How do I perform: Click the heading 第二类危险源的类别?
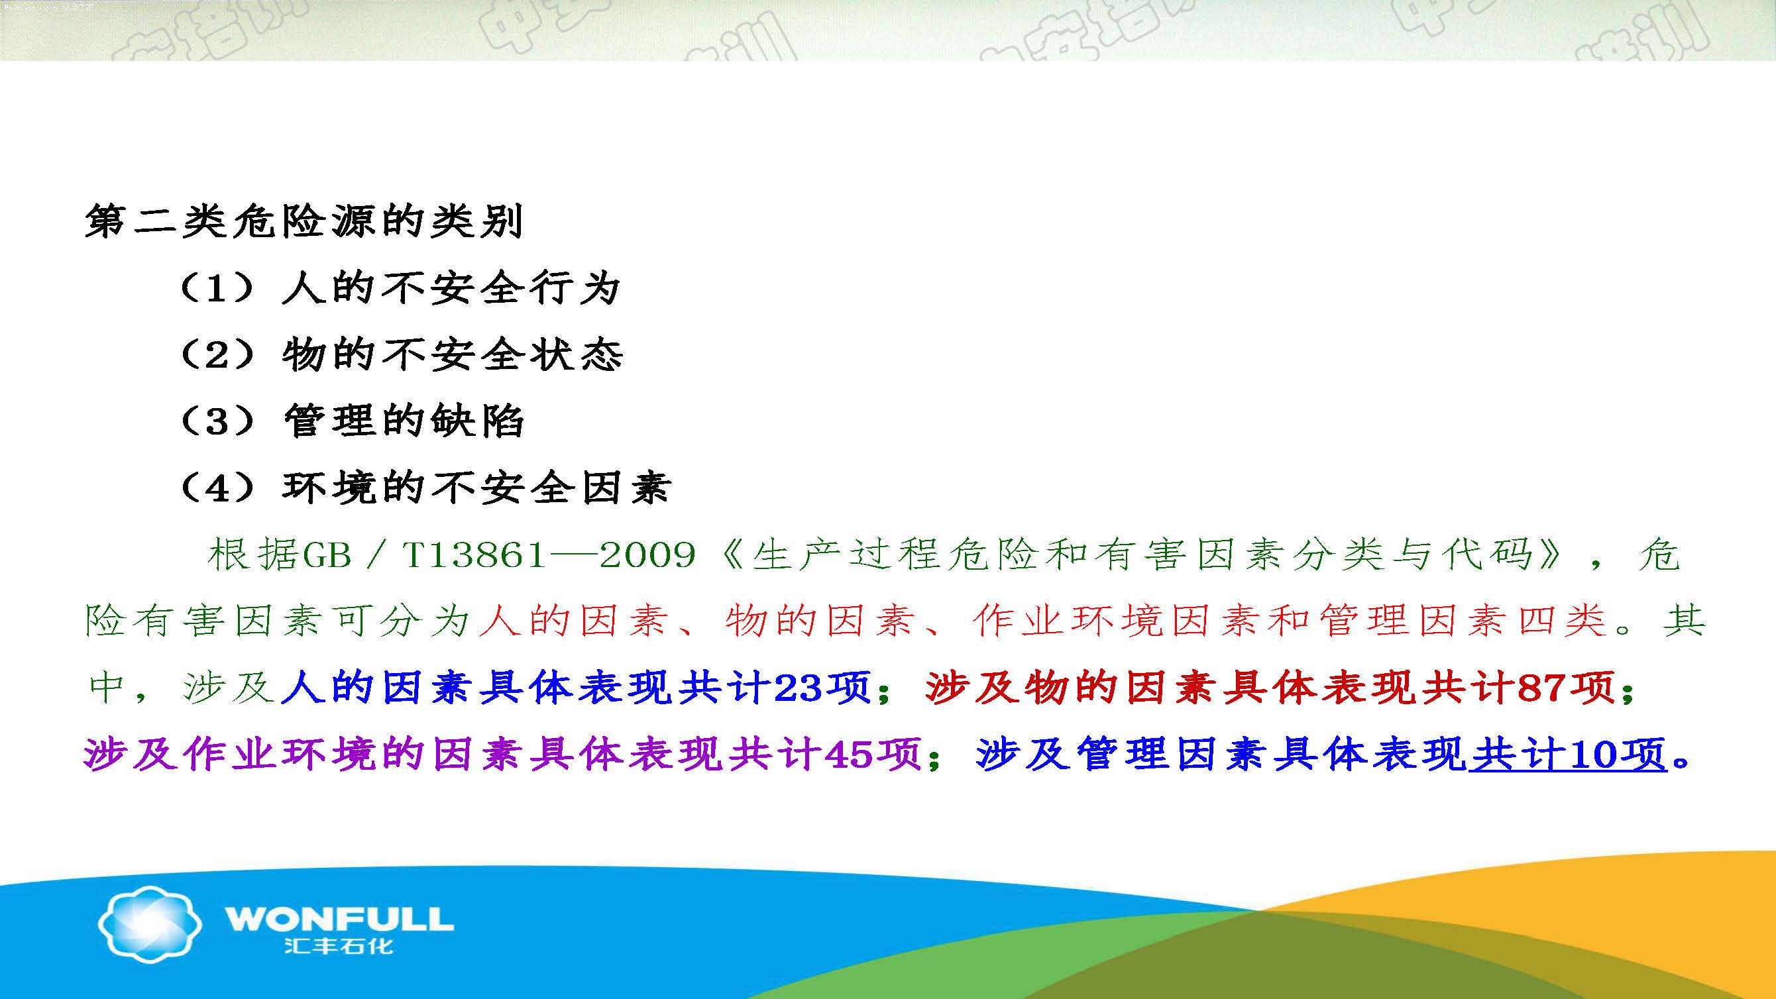click(x=304, y=222)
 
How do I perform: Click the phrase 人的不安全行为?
click(x=451, y=288)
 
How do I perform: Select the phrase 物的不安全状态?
click(x=452, y=354)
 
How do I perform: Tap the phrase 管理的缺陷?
click(x=404, y=421)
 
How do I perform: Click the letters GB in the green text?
click(x=327, y=555)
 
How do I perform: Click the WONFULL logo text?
click(x=339, y=919)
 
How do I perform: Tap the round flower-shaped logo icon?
click(x=150, y=924)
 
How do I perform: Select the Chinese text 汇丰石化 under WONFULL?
click(x=339, y=945)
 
